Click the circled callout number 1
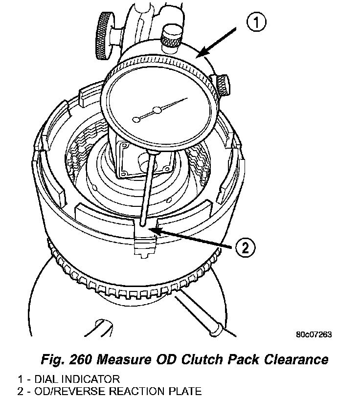click(x=256, y=23)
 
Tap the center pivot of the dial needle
click(x=157, y=111)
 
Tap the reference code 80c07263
click(x=314, y=334)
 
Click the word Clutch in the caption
click(x=199, y=360)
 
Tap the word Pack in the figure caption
click(x=240, y=360)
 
